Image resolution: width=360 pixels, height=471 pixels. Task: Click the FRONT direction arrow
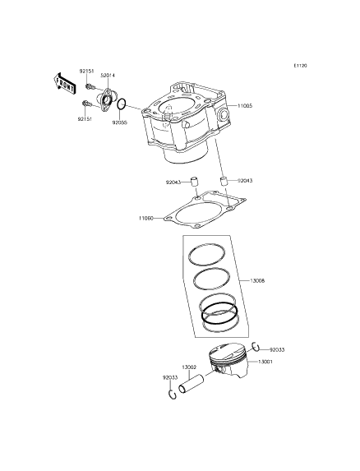[64, 84]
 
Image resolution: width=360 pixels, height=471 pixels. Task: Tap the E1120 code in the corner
[300, 66]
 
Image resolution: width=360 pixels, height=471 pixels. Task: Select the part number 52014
[108, 76]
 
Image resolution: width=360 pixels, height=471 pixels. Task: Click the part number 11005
[245, 106]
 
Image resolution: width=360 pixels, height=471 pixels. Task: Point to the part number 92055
[119, 122]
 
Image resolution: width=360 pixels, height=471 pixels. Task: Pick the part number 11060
[146, 219]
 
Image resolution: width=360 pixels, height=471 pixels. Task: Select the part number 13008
[257, 281]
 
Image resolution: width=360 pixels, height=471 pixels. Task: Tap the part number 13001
[265, 362]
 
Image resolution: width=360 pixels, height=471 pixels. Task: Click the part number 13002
[189, 367]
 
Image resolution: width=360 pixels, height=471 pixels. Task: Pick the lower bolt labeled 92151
[87, 104]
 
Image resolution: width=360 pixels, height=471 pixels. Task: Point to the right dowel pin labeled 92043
[223, 182]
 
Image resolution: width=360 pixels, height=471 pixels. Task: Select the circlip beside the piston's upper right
[256, 347]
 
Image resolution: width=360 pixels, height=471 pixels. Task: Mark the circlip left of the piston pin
[172, 395]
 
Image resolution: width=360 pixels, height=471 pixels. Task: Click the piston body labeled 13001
[228, 360]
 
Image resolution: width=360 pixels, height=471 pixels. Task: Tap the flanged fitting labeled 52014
[104, 99]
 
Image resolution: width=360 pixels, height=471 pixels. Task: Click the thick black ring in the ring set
[219, 314]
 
